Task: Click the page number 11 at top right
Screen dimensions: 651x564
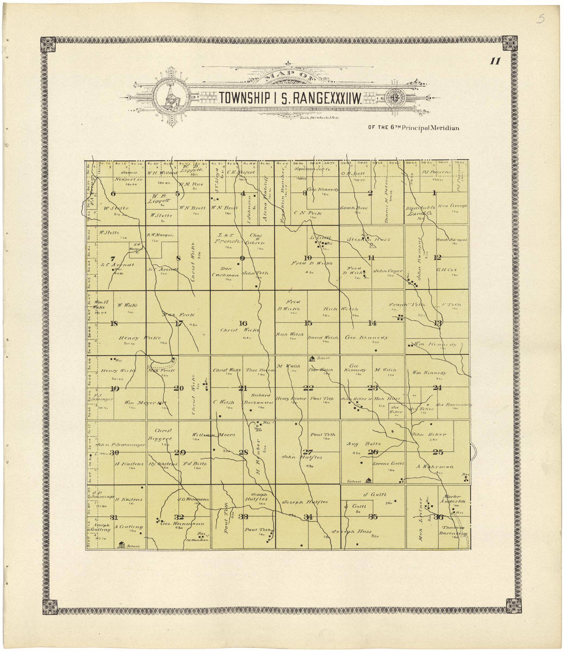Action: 495,61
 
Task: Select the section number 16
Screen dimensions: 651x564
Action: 243,323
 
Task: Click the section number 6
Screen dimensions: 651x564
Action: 113,194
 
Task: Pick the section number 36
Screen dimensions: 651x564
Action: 438,516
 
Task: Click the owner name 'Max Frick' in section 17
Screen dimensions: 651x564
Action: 178,315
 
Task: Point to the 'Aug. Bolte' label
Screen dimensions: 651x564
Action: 364,444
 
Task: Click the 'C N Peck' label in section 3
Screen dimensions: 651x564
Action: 308,213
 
